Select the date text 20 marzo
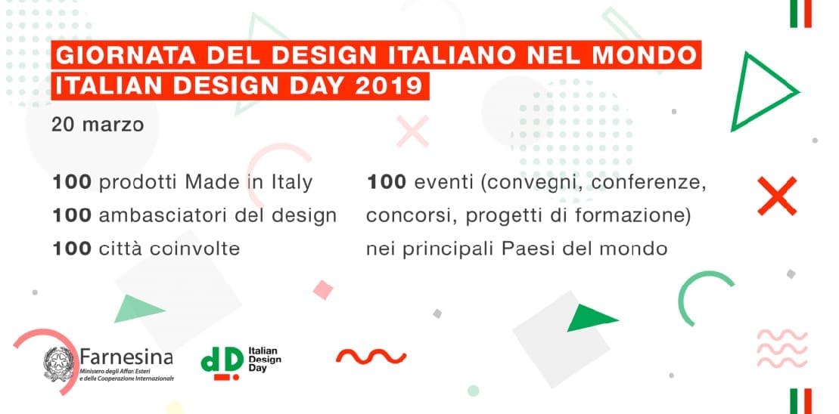coord(98,125)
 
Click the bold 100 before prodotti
coord(72,183)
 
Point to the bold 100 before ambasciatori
coord(72,215)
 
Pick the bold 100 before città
coord(72,249)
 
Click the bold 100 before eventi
coord(387,183)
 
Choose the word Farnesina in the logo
coord(127,357)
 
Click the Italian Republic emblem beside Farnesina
coord(58,364)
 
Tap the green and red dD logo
coord(222,363)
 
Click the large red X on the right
coord(777,196)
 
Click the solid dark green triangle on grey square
coord(592,318)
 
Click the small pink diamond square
coord(323,289)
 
